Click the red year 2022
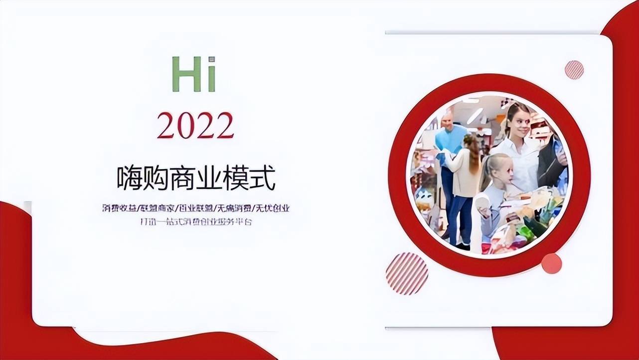pyautogui.click(x=195, y=125)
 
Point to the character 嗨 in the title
pyautogui.click(x=130, y=179)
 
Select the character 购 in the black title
pyautogui.click(x=156, y=179)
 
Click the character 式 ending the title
pyautogui.click(x=263, y=179)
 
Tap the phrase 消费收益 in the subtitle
pyautogui.click(x=119, y=208)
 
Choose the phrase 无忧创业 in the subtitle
pyautogui.click(x=273, y=208)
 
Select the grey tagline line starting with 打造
pyautogui.click(x=196, y=221)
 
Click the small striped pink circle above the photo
pyautogui.click(x=574, y=70)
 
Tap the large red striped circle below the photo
pyautogui.click(x=407, y=273)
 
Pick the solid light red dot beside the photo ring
pyautogui.click(x=551, y=263)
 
